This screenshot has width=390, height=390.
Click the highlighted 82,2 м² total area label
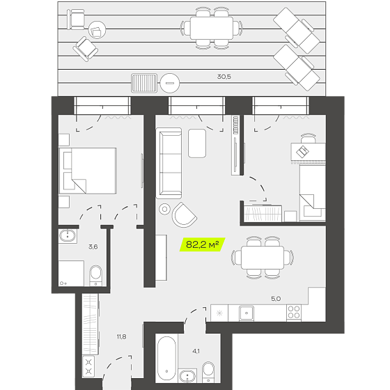coord(203,244)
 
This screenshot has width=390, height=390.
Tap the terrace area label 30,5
coord(224,77)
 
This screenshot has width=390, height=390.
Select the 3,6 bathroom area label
coord(93,247)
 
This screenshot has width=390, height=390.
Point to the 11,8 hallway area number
coord(121,337)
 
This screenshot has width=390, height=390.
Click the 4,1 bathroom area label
coord(196,351)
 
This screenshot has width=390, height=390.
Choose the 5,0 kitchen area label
coord(276,299)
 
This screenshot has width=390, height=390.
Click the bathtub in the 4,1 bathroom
coord(166,358)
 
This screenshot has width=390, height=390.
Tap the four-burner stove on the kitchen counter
coord(294,312)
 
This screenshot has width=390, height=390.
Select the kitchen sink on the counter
coord(247,313)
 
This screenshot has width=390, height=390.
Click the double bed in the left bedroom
coord(88,171)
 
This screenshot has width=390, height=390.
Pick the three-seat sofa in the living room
coord(169,163)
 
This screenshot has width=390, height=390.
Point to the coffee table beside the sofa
coord(197,143)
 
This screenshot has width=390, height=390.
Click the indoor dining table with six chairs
coord(263,257)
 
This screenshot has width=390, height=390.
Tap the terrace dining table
coord(212,28)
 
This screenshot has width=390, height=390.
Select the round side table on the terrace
coord(97,29)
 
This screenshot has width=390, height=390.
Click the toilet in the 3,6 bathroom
coord(96,276)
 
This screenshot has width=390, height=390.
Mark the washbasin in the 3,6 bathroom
coord(68,235)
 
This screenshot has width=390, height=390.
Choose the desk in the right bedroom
coord(308,152)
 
